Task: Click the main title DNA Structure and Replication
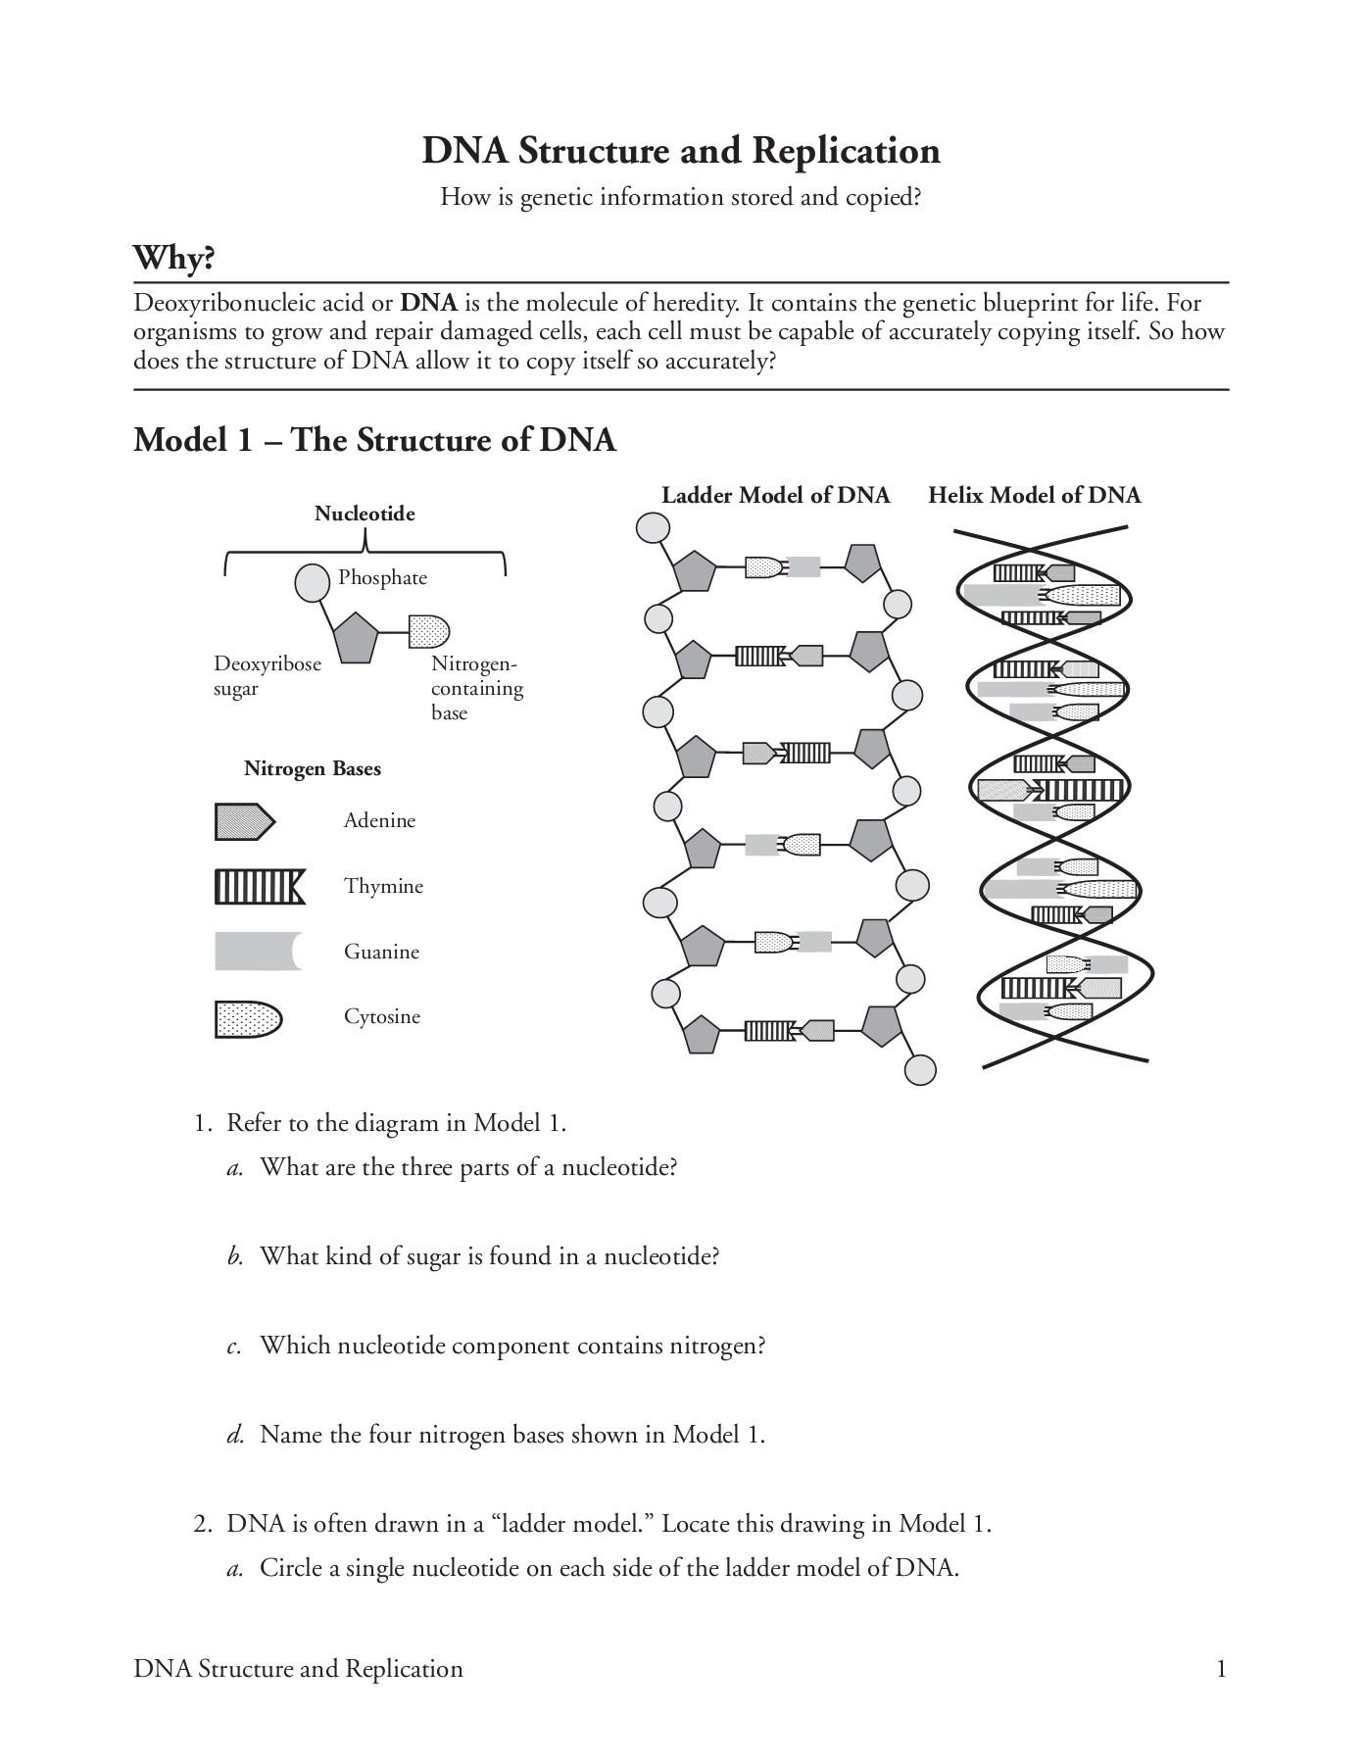tap(681, 151)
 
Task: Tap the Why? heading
tap(173, 259)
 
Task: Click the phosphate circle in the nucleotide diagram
tap(313, 583)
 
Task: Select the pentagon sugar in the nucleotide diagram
tap(355, 638)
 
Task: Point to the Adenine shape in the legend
tap(244, 821)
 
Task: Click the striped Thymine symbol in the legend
tap(260, 887)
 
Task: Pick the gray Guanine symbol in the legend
tap(257, 952)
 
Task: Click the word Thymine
tap(383, 887)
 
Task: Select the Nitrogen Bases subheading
tap(313, 769)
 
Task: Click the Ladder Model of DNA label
tap(775, 496)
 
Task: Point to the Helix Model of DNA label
tap(1034, 496)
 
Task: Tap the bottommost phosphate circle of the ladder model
tap(919, 1070)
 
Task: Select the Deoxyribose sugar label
tap(267, 676)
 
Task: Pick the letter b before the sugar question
tap(235, 1257)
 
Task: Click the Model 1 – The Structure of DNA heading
tap(374, 440)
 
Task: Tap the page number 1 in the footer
tap(1221, 1669)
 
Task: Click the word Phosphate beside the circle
tap(382, 578)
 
